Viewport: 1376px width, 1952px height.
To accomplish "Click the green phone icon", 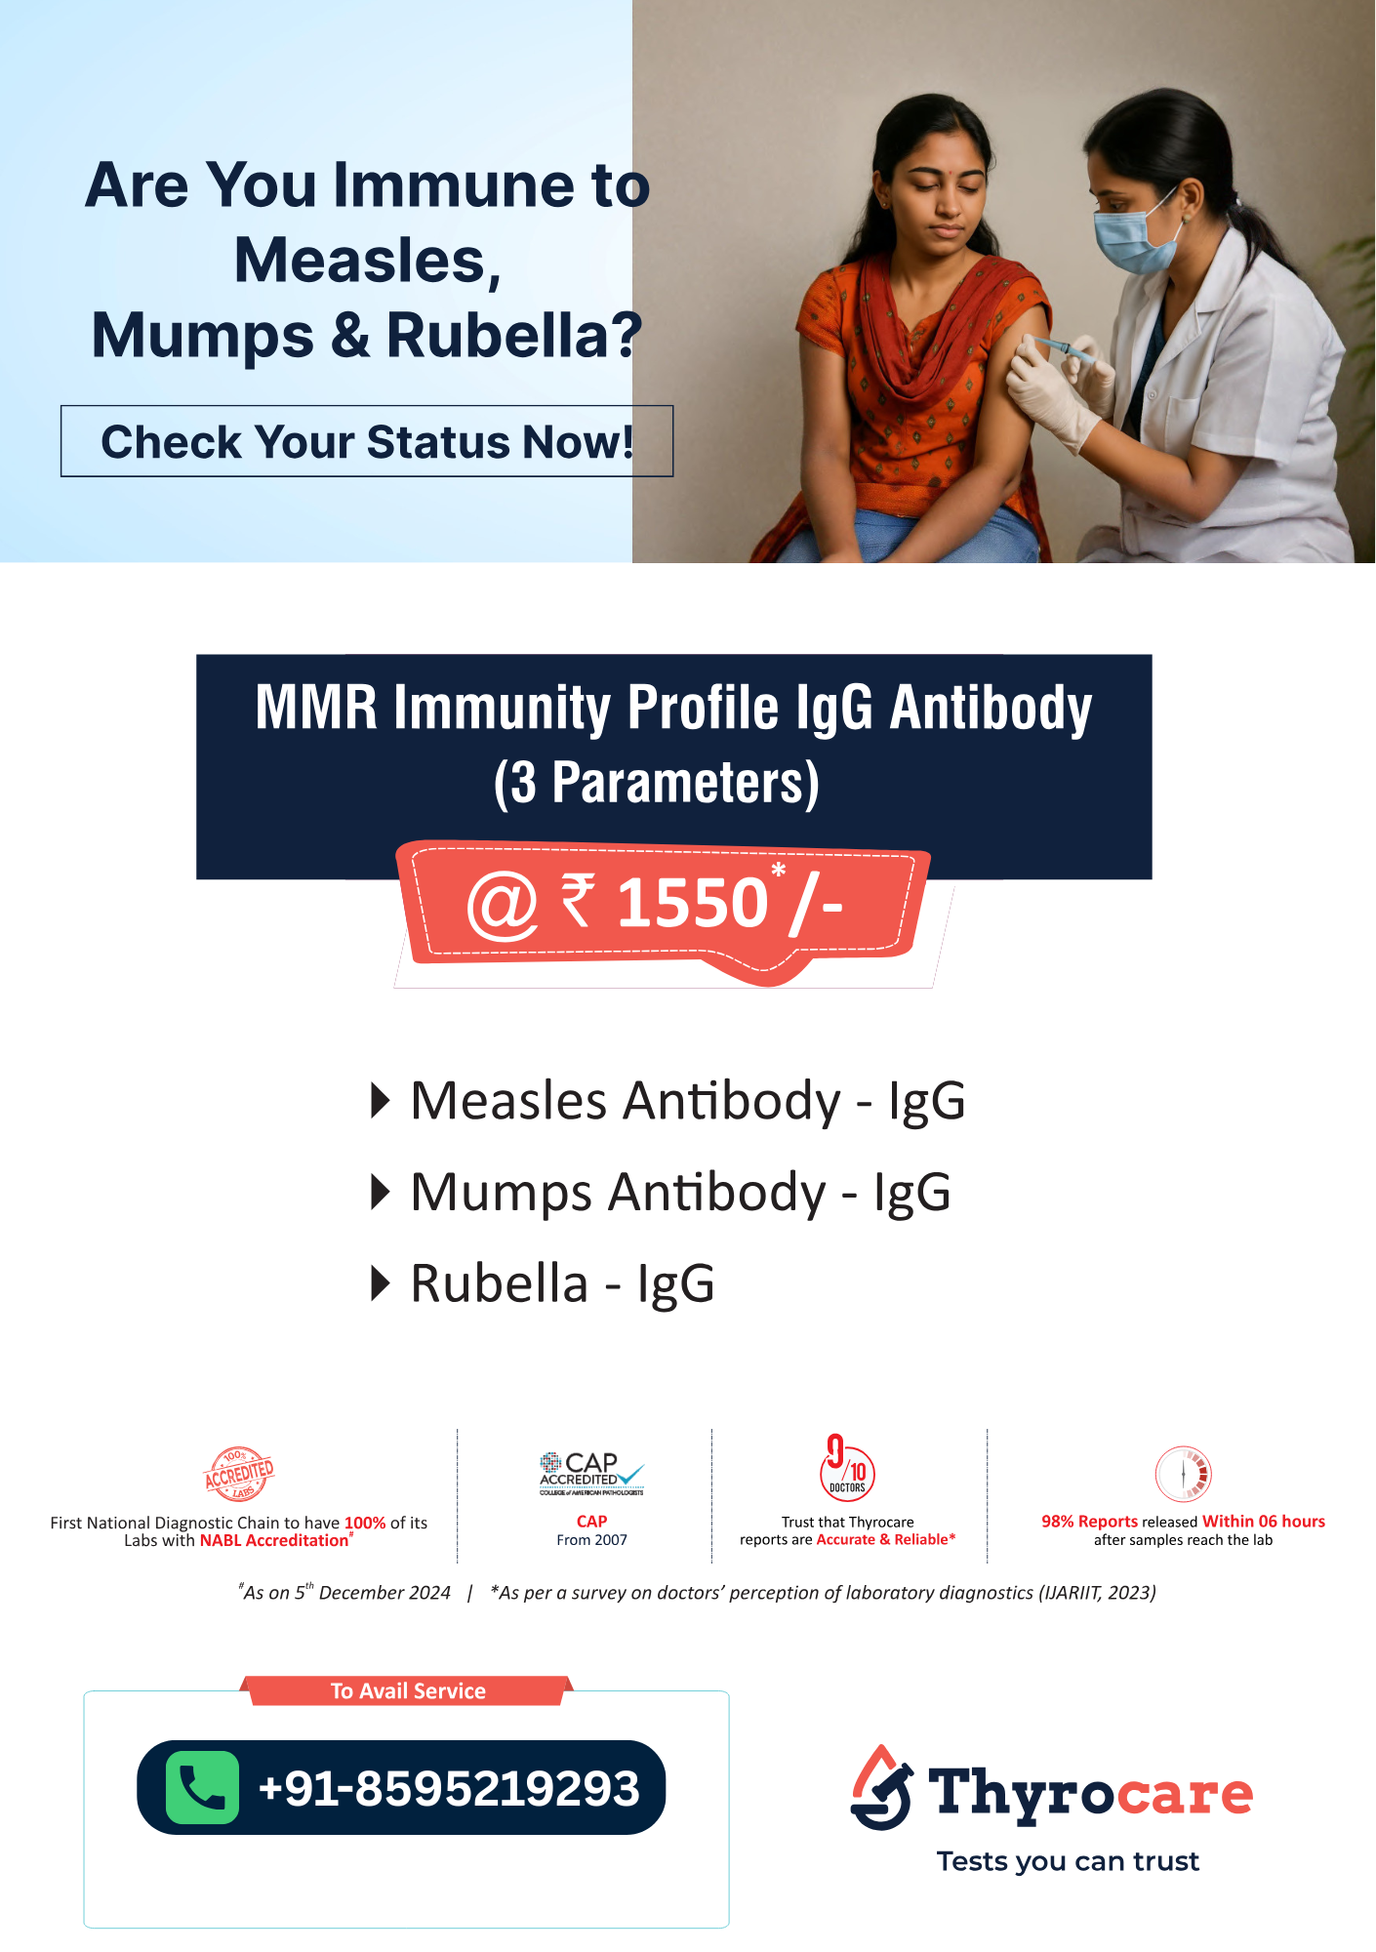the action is point(202,1787).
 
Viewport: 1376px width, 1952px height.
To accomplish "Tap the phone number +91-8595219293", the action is point(449,1788).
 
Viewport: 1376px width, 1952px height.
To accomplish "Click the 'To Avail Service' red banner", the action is point(408,1690).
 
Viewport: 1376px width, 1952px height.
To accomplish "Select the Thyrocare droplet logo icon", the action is point(881,1787).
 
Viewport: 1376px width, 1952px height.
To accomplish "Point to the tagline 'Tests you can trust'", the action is point(1068,1862).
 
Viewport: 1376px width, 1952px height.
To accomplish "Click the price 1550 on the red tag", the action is point(693,902).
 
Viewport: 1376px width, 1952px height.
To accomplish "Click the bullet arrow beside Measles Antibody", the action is point(381,1101).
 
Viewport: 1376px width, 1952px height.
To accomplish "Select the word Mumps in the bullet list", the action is point(502,1193).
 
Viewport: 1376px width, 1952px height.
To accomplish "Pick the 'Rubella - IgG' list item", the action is point(562,1282).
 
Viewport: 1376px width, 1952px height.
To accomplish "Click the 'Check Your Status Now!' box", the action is point(367,441).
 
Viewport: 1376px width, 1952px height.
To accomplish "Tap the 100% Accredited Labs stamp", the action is point(239,1474).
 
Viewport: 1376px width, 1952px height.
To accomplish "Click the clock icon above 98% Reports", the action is point(1183,1474).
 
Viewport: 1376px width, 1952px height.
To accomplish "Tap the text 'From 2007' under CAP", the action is point(591,1540).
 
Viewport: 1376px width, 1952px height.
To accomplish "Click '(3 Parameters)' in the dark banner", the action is point(656,783).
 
